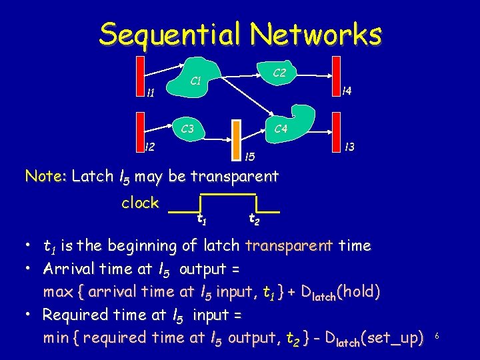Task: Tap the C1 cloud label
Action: tap(196, 82)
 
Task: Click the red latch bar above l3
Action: tap(337, 128)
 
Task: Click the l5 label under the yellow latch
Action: tap(249, 157)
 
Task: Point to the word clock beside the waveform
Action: tap(140, 203)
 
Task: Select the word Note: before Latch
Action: tap(45, 177)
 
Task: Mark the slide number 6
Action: tap(436, 337)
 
